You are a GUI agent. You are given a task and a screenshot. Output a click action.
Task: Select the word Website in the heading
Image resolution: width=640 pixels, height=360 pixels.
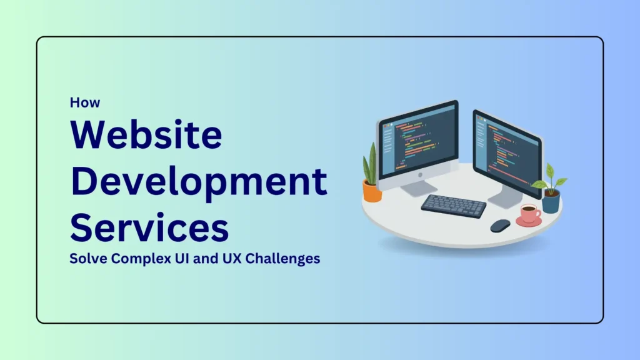(x=146, y=136)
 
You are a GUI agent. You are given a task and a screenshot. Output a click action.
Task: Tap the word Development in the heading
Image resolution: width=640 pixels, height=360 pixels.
(x=198, y=181)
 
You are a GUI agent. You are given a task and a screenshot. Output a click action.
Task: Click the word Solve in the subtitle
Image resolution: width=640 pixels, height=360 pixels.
(x=86, y=258)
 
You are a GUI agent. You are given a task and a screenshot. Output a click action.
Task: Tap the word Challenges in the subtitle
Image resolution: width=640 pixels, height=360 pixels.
(x=282, y=258)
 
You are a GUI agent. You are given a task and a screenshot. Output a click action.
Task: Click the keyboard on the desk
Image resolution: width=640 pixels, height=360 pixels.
(x=453, y=206)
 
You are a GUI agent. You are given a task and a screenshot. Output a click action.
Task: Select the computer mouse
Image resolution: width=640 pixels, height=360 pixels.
(x=500, y=226)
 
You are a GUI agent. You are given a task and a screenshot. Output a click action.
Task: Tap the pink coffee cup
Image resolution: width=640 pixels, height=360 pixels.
(x=529, y=214)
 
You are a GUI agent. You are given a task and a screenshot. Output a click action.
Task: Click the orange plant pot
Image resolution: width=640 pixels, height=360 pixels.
(x=372, y=191)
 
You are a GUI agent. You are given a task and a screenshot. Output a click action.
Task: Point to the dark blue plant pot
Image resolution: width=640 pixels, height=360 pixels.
(x=551, y=202)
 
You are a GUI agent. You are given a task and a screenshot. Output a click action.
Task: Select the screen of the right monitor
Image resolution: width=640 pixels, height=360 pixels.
(x=506, y=150)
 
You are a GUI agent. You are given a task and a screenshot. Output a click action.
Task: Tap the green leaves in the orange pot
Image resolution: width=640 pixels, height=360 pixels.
(x=371, y=164)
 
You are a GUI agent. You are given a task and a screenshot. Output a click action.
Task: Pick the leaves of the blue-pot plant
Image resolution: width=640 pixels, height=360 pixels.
(x=549, y=179)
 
